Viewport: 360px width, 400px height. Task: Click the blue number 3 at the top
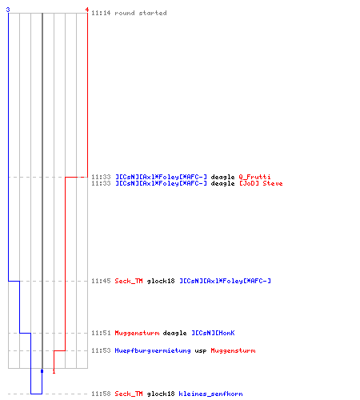8,10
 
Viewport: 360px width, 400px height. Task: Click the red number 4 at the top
87,10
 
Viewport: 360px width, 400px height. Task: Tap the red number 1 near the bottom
54,371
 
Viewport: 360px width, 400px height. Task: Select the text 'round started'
141,13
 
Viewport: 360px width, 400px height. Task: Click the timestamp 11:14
101,13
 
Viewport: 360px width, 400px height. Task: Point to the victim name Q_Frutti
254,177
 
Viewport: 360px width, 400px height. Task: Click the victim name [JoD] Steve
261,183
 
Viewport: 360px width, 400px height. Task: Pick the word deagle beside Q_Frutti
222,177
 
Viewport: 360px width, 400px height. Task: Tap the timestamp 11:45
101,281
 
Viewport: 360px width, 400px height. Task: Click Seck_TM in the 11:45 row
129,281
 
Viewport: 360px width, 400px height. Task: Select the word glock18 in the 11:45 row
161,281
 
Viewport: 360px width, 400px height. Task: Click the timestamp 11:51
101,333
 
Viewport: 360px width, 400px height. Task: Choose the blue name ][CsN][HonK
213,333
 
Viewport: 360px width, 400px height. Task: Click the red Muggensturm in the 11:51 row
137,333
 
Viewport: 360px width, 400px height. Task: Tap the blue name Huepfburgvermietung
153,350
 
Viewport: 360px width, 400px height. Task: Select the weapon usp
201,351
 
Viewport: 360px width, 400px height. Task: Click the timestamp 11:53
101,350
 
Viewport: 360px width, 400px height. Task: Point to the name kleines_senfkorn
210,394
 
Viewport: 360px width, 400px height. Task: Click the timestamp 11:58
101,394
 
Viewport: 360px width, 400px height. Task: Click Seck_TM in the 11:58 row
129,394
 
